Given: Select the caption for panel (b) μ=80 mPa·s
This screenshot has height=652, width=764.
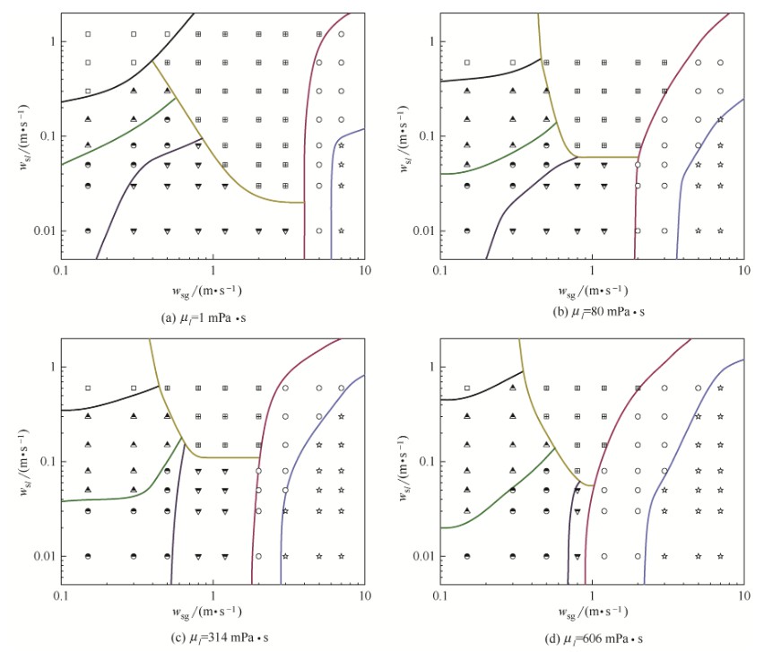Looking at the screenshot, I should pyautogui.click(x=591, y=315).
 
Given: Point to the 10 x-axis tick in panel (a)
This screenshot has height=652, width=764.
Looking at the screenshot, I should pyautogui.click(x=363, y=270).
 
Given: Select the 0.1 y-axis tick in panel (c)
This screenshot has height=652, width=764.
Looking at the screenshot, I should pyautogui.click(x=47, y=462).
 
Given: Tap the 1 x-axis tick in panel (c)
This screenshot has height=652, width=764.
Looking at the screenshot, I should pyautogui.click(x=213, y=595).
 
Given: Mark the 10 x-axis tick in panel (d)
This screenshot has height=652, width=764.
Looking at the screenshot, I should pyautogui.click(x=742, y=595).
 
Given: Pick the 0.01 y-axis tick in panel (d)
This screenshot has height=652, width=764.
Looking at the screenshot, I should pyautogui.click(x=423, y=556).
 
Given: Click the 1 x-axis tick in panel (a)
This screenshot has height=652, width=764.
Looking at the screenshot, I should pyautogui.click(x=213, y=270).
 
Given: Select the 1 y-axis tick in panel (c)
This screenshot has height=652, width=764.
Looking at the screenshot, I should pyautogui.click(x=51, y=367).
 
